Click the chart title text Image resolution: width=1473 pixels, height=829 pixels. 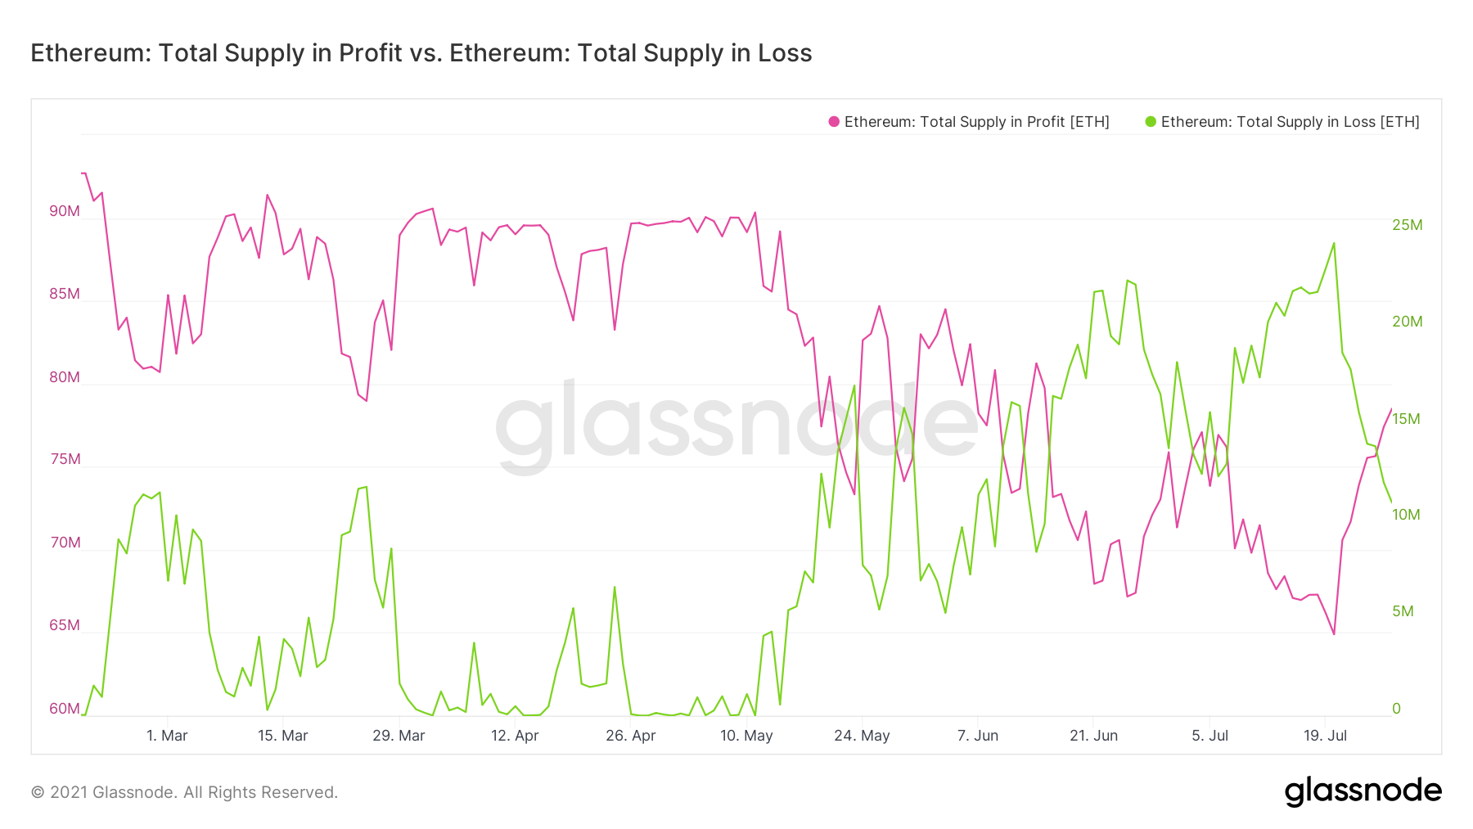[421, 53]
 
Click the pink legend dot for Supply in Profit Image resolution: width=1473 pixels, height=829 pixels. [834, 122]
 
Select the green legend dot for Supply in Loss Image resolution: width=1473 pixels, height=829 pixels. [1151, 122]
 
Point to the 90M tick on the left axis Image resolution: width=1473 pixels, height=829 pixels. [65, 211]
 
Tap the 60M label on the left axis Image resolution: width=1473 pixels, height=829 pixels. [65, 709]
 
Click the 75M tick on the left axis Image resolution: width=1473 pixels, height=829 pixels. [65, 459]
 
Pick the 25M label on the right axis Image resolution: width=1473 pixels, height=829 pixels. [1407, 225]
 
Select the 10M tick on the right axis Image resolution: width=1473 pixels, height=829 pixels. [1406, 515]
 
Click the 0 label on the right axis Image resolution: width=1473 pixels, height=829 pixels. [1397, 709]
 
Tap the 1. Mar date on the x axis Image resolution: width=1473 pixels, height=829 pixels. [167, 736]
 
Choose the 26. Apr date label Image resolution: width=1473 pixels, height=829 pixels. [630, 736]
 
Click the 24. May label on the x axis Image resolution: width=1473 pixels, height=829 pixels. [862, 736]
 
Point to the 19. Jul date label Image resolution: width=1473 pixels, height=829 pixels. [1325, 736]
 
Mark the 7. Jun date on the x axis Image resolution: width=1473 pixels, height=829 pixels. [978, 736]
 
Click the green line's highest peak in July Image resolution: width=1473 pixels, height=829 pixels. [1334, 243]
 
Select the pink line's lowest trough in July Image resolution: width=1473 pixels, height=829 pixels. [1334, 634]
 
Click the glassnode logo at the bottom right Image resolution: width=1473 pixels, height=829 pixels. [1363, 791]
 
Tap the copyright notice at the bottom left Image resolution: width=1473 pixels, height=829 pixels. [184, 792]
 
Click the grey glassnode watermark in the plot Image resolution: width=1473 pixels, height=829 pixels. [736, 426]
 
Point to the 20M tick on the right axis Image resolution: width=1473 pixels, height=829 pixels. [1407, 322]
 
